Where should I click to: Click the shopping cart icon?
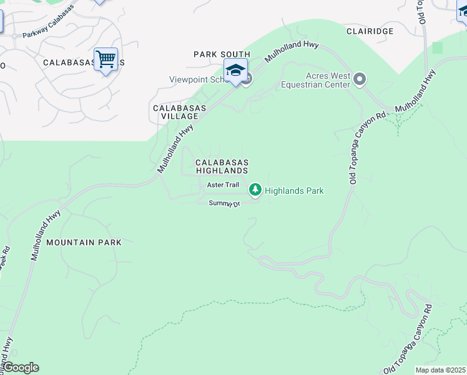point(106,60)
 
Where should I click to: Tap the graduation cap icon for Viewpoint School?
point(235,71)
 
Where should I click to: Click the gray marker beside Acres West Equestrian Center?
point(359,79)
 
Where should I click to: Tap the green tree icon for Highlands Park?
point(255,189)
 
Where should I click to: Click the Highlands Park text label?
point(294,191)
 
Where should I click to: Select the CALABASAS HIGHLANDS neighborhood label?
point(222,166)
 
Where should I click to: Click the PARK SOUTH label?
point(222,54)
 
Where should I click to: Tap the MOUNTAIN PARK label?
point(84,242)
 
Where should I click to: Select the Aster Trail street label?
point(223,184)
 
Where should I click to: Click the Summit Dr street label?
point(224,203)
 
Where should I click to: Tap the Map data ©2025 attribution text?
point(440,370)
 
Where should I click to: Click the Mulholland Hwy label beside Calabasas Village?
point(175,149)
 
